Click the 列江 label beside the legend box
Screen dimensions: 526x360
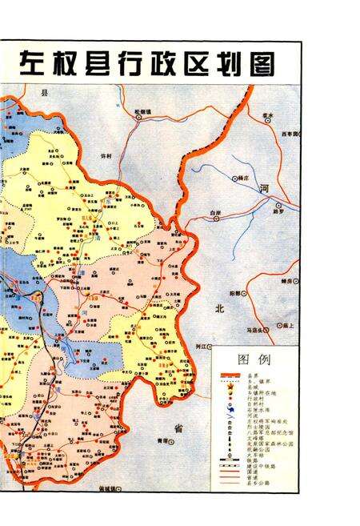point(202,346)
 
